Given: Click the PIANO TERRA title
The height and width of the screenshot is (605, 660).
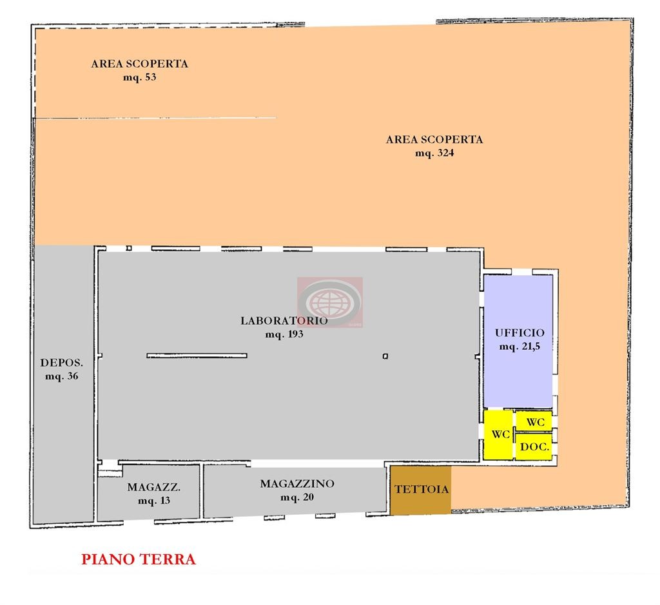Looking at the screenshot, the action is [139, 559].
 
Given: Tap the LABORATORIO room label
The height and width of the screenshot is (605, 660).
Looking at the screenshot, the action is [284, 321].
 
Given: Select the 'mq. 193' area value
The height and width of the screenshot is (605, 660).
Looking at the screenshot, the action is [284, 334].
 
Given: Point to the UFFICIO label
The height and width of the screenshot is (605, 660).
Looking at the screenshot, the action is [520, 333].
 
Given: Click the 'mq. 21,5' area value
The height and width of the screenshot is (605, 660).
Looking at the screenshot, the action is [520, 347].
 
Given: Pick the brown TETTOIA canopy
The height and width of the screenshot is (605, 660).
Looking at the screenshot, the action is [420, 490].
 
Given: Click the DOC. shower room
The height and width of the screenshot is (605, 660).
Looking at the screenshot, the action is [534, 447].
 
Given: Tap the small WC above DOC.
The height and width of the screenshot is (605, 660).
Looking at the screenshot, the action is [534, 421].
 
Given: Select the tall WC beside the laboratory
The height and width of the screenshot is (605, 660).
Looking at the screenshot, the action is [498, 435].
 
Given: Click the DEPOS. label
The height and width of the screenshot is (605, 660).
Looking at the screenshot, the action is [62, 363].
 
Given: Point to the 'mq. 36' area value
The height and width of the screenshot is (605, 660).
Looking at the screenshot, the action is [62, 376].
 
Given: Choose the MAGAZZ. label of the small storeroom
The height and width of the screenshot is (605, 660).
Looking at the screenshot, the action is [154, 487].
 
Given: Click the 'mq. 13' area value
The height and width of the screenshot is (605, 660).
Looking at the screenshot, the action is [154, 501].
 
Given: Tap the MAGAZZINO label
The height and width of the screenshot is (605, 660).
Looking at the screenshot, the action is [297, 484].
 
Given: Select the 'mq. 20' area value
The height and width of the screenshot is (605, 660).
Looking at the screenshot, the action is [297, 497].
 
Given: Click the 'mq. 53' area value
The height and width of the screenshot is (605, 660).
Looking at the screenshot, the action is [140, 77].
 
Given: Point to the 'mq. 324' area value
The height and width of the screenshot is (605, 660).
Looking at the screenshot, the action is [435, 153].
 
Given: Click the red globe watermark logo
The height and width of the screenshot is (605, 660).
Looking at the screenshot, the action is [330, 302].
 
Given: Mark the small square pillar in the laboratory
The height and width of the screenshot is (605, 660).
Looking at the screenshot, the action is [385, 356].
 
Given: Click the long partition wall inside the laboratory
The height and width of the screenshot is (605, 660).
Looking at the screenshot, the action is [197, 356].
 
